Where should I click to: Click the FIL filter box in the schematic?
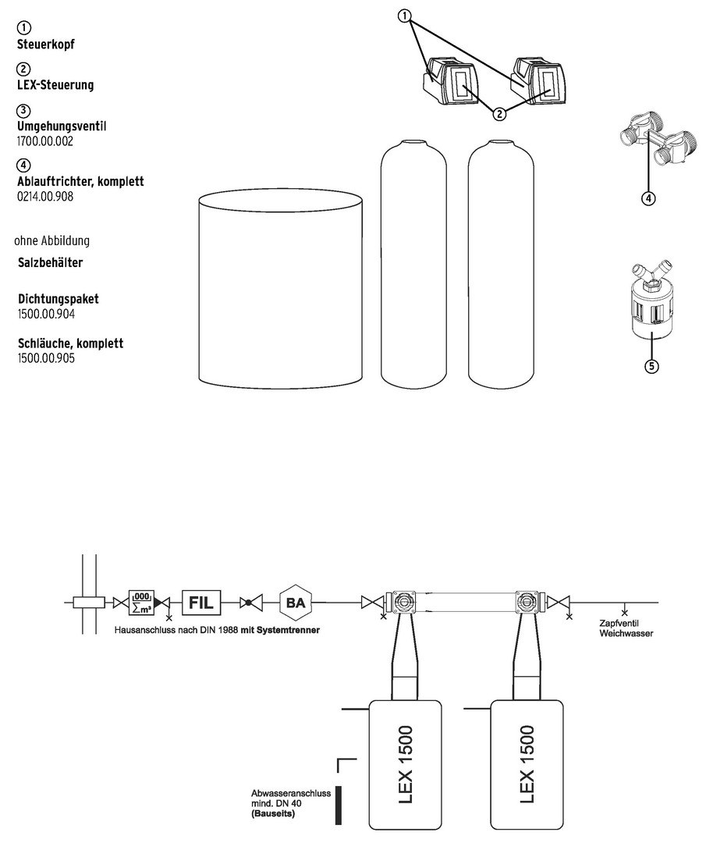coord(201,603)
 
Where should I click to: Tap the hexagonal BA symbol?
coord(296,603)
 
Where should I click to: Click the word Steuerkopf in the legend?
coord(46,44)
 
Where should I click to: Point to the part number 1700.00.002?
coord(45,141)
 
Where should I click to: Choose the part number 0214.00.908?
coord(45,197)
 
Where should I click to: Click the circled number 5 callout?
coord(651,367)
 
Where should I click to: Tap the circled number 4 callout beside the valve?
coord(648,198)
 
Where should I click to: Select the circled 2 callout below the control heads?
coord(500,114)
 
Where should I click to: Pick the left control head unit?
coord(449,80)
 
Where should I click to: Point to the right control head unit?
coord(537,80)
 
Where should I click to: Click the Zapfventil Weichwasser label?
coord(626,628)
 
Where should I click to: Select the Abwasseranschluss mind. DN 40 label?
coord(291,803)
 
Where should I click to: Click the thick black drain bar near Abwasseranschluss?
coord(339,806)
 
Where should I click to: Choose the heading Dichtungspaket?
coord(59,299)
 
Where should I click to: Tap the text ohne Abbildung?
coord(52,240)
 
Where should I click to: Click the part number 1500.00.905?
coord(46,358)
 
